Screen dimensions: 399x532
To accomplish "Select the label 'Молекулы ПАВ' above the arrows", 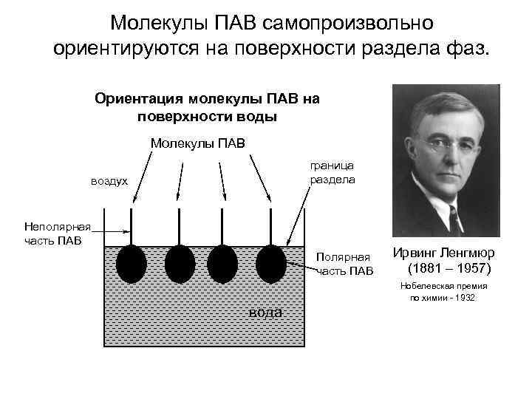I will pyautogui.click(x=197, y=142).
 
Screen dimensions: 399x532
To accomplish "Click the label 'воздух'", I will pyautogui.click(x=109, y=181).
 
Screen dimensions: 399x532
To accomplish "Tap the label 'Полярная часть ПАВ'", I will pyautogui.click(x=344, y=264).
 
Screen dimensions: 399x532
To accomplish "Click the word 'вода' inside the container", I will pyautogui.click(x=265, y=312).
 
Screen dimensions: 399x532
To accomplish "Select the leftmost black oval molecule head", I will pyautogui.click(x=133, y=264).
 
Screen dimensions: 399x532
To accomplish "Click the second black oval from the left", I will pyautogui.click(x=180, y=264).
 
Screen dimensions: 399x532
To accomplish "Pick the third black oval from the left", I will pyautogui.click(x=222, y=264).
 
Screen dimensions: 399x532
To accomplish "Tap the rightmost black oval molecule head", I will pyautogui.click(x=270, y=264).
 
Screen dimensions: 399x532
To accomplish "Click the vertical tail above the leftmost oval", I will pyautogui.click(x=132, y=225).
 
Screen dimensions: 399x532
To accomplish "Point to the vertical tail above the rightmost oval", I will pyautogui.click(x=270, y=225).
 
